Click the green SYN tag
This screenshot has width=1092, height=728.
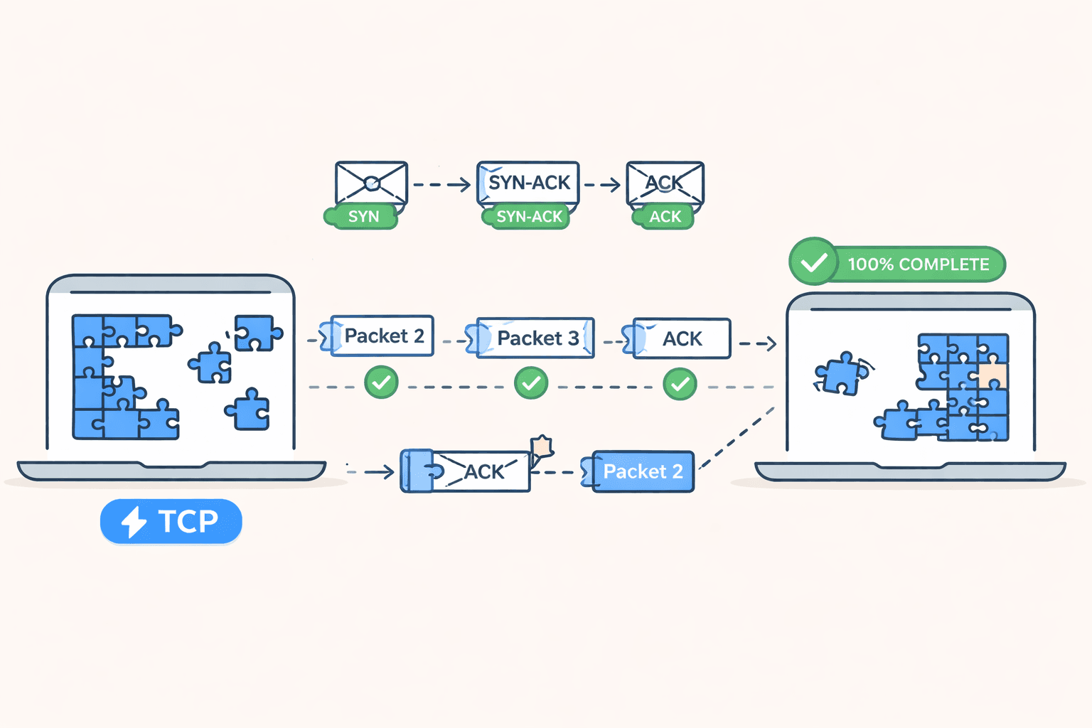pos(362,217)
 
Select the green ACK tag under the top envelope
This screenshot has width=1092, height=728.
pos(664,217)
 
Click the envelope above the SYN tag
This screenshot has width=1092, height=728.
pos(371,183)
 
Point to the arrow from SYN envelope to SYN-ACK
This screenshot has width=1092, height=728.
pos(441,185)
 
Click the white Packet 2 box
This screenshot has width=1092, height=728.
pos(382,336)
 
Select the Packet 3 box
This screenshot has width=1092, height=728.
pos(535,338)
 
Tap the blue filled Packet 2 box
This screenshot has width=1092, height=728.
pos(642,471)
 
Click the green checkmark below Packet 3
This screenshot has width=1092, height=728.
pos(531,383)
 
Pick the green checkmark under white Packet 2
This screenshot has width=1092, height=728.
pos(382,382)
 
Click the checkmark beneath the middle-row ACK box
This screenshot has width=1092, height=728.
pos(680,384)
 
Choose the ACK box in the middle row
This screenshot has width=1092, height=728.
pos(681,338)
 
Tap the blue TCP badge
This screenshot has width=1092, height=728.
pos(171,521)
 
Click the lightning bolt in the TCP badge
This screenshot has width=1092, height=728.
pos(133,522)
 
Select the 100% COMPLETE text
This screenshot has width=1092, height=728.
pos(918,264)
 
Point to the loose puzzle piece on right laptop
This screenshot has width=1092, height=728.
pos(840,373)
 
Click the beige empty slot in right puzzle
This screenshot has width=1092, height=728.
pos(992,375)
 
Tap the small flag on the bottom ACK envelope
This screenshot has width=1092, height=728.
pos(542,446)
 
